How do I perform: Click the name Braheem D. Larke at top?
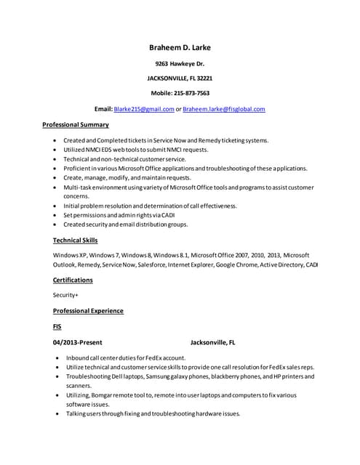pos(180,48)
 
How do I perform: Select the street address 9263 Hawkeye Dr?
pos(180,64)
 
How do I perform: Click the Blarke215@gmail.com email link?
pos(144,109)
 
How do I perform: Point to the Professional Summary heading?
pos(76,125)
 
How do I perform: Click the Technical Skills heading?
pos(75,240)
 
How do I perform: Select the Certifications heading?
pos(73,279)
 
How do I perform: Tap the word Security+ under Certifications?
pos(65,295)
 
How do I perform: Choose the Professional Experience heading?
pos(88,311)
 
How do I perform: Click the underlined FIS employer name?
pos(57,326)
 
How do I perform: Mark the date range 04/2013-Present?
pos(77,342)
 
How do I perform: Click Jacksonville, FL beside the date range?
pos(212,342)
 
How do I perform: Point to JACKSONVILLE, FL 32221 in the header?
pos(180,78)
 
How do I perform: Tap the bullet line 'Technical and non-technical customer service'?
pos(124,158)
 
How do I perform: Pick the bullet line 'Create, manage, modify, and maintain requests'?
pos(127,177)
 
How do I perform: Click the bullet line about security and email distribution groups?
pos(125,225)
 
